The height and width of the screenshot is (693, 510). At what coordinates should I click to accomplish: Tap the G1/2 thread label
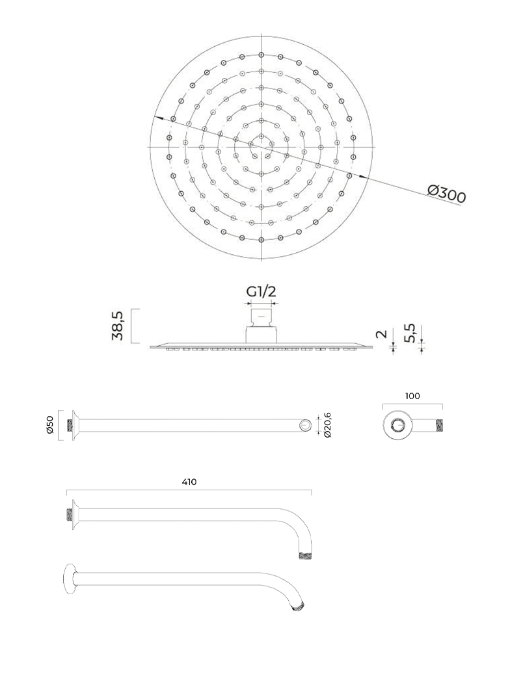[261, 292]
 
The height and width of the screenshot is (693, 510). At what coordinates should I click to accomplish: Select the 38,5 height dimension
[118, 325]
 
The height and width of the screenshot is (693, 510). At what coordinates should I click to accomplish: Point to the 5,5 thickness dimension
[410, 333]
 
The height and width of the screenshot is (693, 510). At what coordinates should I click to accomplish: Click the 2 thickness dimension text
[381, 333]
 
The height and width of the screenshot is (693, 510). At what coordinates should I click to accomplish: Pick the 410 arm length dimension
[189, 482]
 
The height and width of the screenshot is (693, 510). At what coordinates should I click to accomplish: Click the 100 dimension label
[412, 396]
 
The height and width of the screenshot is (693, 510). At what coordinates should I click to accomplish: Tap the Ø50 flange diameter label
[49, 425]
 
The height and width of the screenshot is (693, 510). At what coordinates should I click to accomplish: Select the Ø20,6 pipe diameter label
[328, 425]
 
